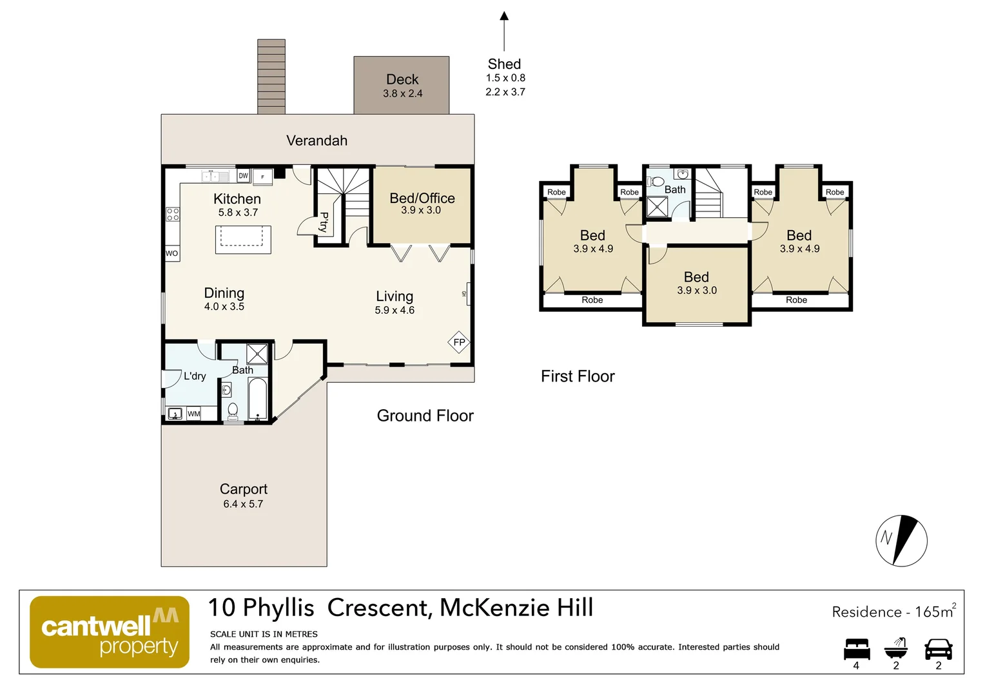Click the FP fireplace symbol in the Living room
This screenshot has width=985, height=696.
coord(459,342)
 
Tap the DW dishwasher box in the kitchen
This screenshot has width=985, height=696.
coord(243,176)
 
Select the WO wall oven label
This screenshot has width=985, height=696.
coord(172,253)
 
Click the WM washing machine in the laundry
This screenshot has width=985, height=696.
coord(193,414)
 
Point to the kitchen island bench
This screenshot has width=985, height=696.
coord(243,240)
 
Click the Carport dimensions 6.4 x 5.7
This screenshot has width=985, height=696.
coord(243,504)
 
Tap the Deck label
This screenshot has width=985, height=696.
coord(402,79)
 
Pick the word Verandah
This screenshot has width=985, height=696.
coord(317,140)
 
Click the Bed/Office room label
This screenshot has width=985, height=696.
coord(422,198)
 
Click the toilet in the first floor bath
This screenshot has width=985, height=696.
coord(655,182)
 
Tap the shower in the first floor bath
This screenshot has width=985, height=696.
coord(657,207)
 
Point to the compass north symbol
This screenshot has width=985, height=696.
coord(901,540)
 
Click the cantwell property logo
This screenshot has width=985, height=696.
coord(110,632)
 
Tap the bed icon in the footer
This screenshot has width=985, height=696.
coord(857,649)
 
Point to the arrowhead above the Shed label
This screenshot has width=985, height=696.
coord(504,16)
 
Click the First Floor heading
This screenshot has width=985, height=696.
coord(578,376)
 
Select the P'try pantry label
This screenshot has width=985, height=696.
coord(324,222)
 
